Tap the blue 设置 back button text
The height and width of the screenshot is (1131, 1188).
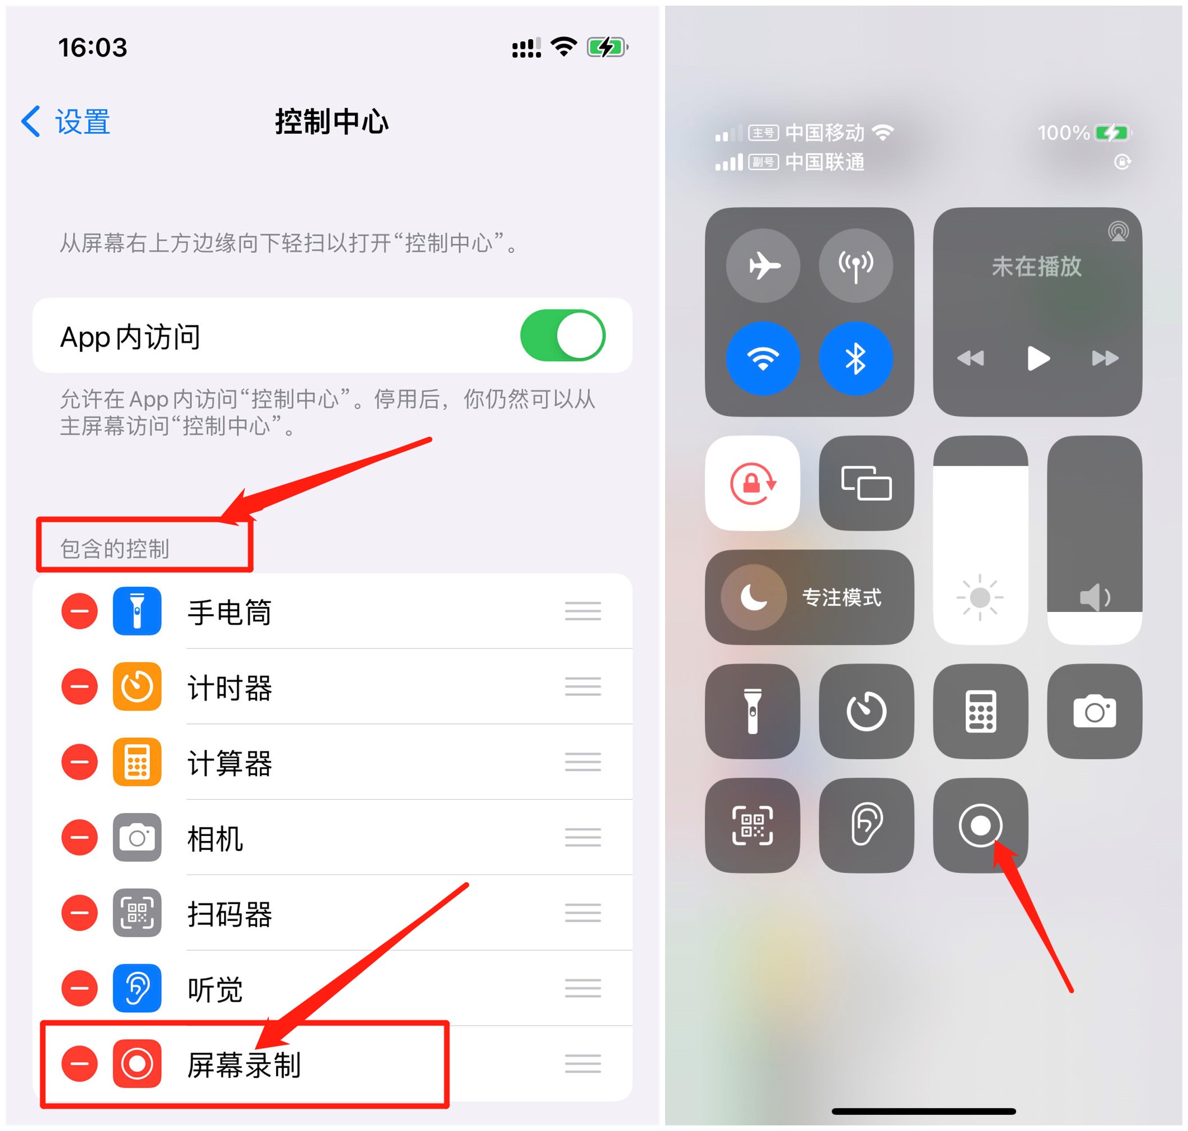(82, 122)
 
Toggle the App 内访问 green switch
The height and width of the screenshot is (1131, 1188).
(562, 335)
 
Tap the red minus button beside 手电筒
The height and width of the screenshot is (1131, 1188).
(79, 611)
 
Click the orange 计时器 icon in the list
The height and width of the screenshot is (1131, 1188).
(137, 686)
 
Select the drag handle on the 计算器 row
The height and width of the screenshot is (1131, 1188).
(582, 762)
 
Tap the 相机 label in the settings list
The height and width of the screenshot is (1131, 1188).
(215, 838)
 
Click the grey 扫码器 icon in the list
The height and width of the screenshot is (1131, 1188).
(137, 913)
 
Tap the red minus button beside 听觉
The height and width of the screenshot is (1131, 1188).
(79, 988)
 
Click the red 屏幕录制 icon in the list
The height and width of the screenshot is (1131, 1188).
(137, 1064)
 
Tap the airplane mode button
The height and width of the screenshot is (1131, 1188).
(763, 265)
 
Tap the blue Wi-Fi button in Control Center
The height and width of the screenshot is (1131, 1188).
(763, 359)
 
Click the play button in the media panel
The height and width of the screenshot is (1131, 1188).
(1037, 359)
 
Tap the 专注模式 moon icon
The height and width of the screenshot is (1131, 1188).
(754, 597)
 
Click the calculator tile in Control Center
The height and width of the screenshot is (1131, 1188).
(980, 712)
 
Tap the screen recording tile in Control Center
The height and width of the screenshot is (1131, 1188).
(980, 825)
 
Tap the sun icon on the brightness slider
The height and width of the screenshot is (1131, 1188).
(980, 597)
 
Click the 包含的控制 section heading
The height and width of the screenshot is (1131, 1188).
(115, 549)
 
